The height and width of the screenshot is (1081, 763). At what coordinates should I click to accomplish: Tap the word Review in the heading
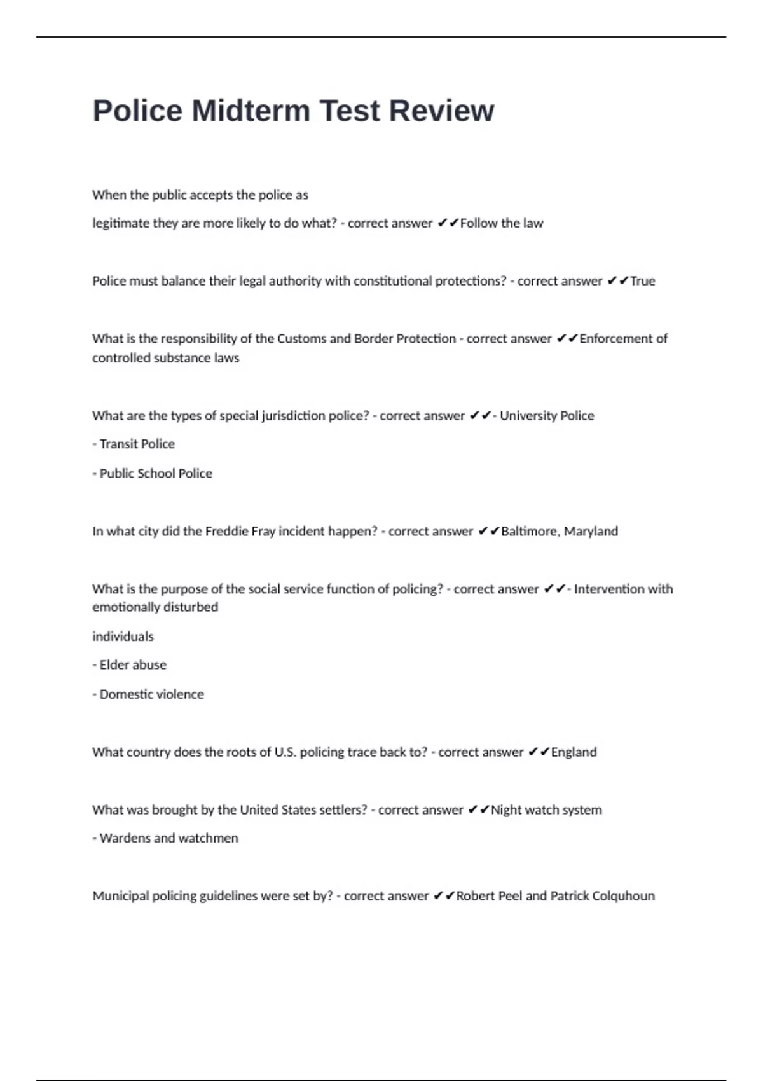click(x=441, y=111)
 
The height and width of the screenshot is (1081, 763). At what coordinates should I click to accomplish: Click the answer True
click(x=642, y=281)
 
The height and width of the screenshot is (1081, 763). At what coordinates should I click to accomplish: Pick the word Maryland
click(x=591, y=531)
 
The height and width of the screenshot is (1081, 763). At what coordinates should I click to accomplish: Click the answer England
click(x=574, y=752)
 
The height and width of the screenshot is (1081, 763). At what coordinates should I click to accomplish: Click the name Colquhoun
click(x=623, y=896)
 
